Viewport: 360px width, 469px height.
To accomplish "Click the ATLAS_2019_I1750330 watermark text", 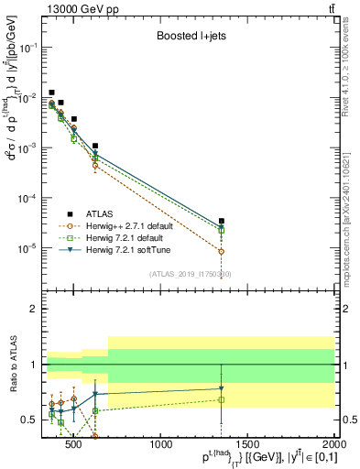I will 190,274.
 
